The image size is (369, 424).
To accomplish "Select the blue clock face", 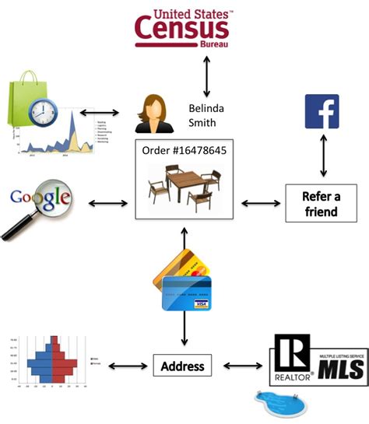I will click(44, 114).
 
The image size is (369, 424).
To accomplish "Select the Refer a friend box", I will click(320, 204).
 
